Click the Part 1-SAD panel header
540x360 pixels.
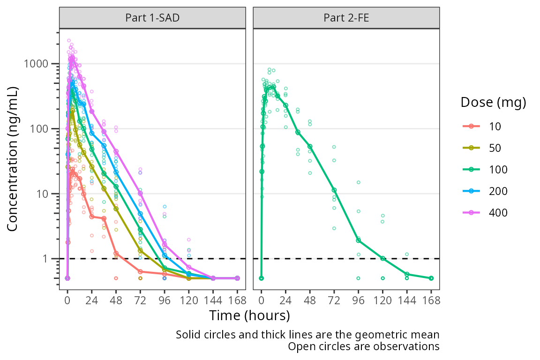[x=152, y=18]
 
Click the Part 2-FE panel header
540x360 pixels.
[x=346, y=18]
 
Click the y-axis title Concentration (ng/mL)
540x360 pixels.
[x=13, y=159]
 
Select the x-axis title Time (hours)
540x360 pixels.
[x=249, y=315]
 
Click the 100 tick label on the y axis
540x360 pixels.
[x=44, y=129]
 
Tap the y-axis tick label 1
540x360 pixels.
[x=49, y=259]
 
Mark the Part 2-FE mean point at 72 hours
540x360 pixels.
[x=334, y=190]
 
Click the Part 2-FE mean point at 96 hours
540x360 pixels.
[x=359, y=240]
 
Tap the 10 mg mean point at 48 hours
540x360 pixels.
[x=116, y=254]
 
